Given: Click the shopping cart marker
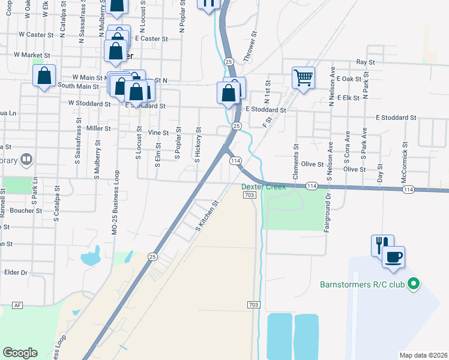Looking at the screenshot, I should coord(303,77).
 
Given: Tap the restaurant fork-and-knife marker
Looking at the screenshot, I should coord(382,245).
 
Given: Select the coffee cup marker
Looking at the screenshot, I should coord(394,257).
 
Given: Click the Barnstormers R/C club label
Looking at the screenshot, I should coord(362,284).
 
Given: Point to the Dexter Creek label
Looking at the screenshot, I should coord(264,187).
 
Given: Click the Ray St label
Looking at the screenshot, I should coord(365,62).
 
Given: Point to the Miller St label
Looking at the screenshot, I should coord(99,128).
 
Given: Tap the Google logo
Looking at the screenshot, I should coord(20,353).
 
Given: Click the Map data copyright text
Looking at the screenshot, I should coord(423,355).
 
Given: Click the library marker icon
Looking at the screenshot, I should coord(26,160).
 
